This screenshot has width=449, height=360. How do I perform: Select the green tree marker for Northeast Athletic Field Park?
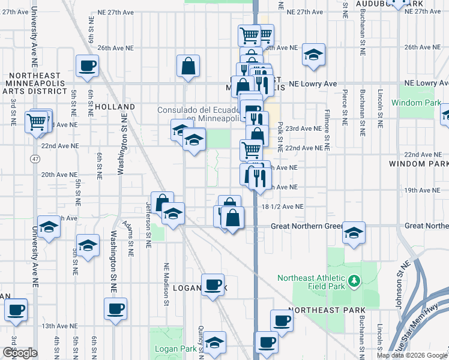tap(354, 280)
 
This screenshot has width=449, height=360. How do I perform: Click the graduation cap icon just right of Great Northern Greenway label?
tap(354, 233)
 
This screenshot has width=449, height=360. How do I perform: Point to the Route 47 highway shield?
tap(36, 158)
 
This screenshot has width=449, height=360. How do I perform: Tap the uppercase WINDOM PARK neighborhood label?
tap(418, 164)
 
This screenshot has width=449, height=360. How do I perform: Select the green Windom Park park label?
tap(411, 103)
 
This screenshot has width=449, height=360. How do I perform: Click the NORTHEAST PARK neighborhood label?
tap(327, 310)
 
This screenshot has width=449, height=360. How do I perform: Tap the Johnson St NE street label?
tap(399, 284)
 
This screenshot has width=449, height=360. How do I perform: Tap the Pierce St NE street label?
tap(345, 107)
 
